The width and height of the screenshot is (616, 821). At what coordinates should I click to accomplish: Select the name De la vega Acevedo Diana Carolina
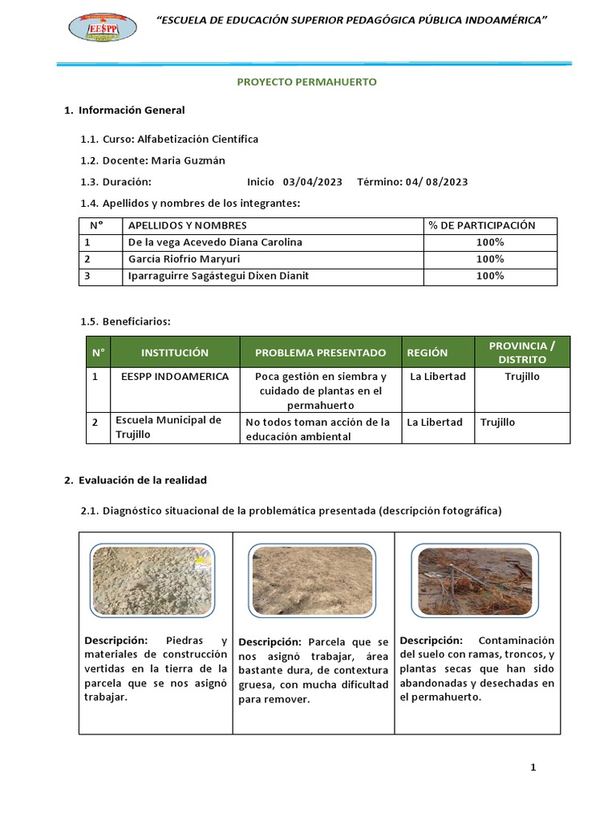[x=215, y=242]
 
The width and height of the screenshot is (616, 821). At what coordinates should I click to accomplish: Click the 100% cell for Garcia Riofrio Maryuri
[x=489, y=259]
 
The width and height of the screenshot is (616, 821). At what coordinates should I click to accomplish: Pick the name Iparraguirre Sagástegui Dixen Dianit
[x=218, y=276]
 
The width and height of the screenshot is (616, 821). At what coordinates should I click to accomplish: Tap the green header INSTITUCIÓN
[x=175, y=353]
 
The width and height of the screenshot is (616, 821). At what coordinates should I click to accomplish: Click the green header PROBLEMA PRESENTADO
[x=320, y=353]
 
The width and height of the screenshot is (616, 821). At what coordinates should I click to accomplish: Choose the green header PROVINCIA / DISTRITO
[x=521, y=353]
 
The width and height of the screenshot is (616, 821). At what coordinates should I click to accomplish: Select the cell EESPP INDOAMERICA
[x=175, y=377]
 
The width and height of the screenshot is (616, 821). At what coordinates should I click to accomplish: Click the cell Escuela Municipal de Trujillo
[x=168, y=427]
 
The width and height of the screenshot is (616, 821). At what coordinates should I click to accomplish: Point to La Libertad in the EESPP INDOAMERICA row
[x=437, y=377]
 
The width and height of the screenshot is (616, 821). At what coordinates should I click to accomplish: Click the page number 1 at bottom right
[x=533, y=767]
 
